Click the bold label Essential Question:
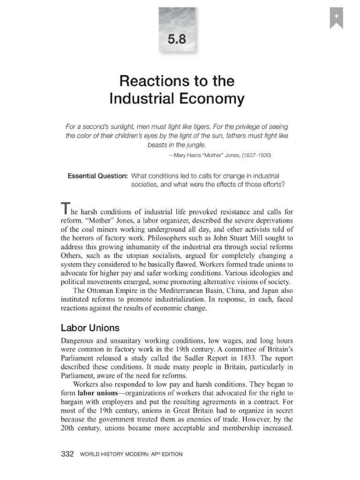[97, 176]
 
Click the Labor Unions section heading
[90, 328]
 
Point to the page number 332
[68, 454]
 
